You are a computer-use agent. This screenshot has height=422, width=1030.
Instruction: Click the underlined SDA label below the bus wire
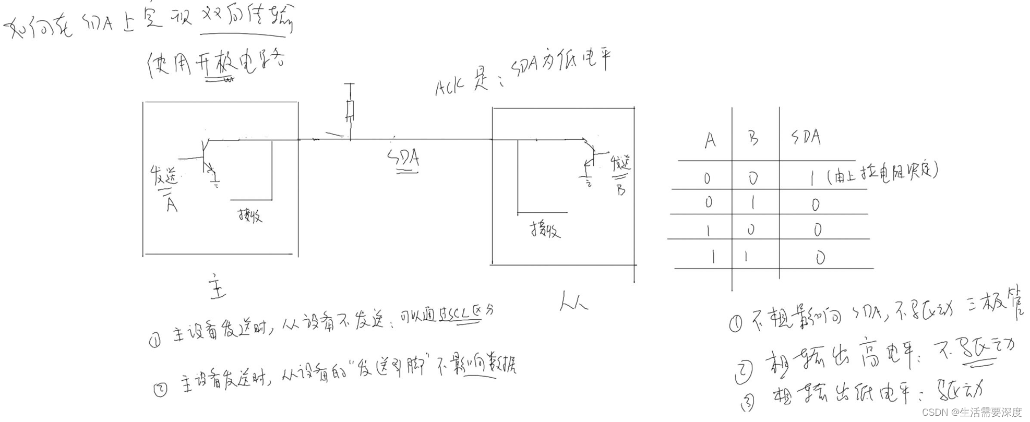[404, 158]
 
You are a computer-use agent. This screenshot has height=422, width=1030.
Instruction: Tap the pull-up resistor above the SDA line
[350, 110]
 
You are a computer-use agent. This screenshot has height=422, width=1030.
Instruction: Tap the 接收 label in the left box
[250, 215]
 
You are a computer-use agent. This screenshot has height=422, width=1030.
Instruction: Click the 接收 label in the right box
[546, 229]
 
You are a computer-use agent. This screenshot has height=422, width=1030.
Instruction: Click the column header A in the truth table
[710, 140]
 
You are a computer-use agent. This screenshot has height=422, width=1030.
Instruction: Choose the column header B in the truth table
[753, 139]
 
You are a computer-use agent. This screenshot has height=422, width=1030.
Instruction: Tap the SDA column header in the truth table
[806, 138]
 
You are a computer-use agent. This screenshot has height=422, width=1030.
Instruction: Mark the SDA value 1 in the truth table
[812, 179]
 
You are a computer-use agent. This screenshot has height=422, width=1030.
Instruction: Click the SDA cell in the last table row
[820, 258]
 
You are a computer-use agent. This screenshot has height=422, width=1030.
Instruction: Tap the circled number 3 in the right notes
[748, 402]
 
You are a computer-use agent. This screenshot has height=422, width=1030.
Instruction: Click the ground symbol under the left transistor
[215, 182]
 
